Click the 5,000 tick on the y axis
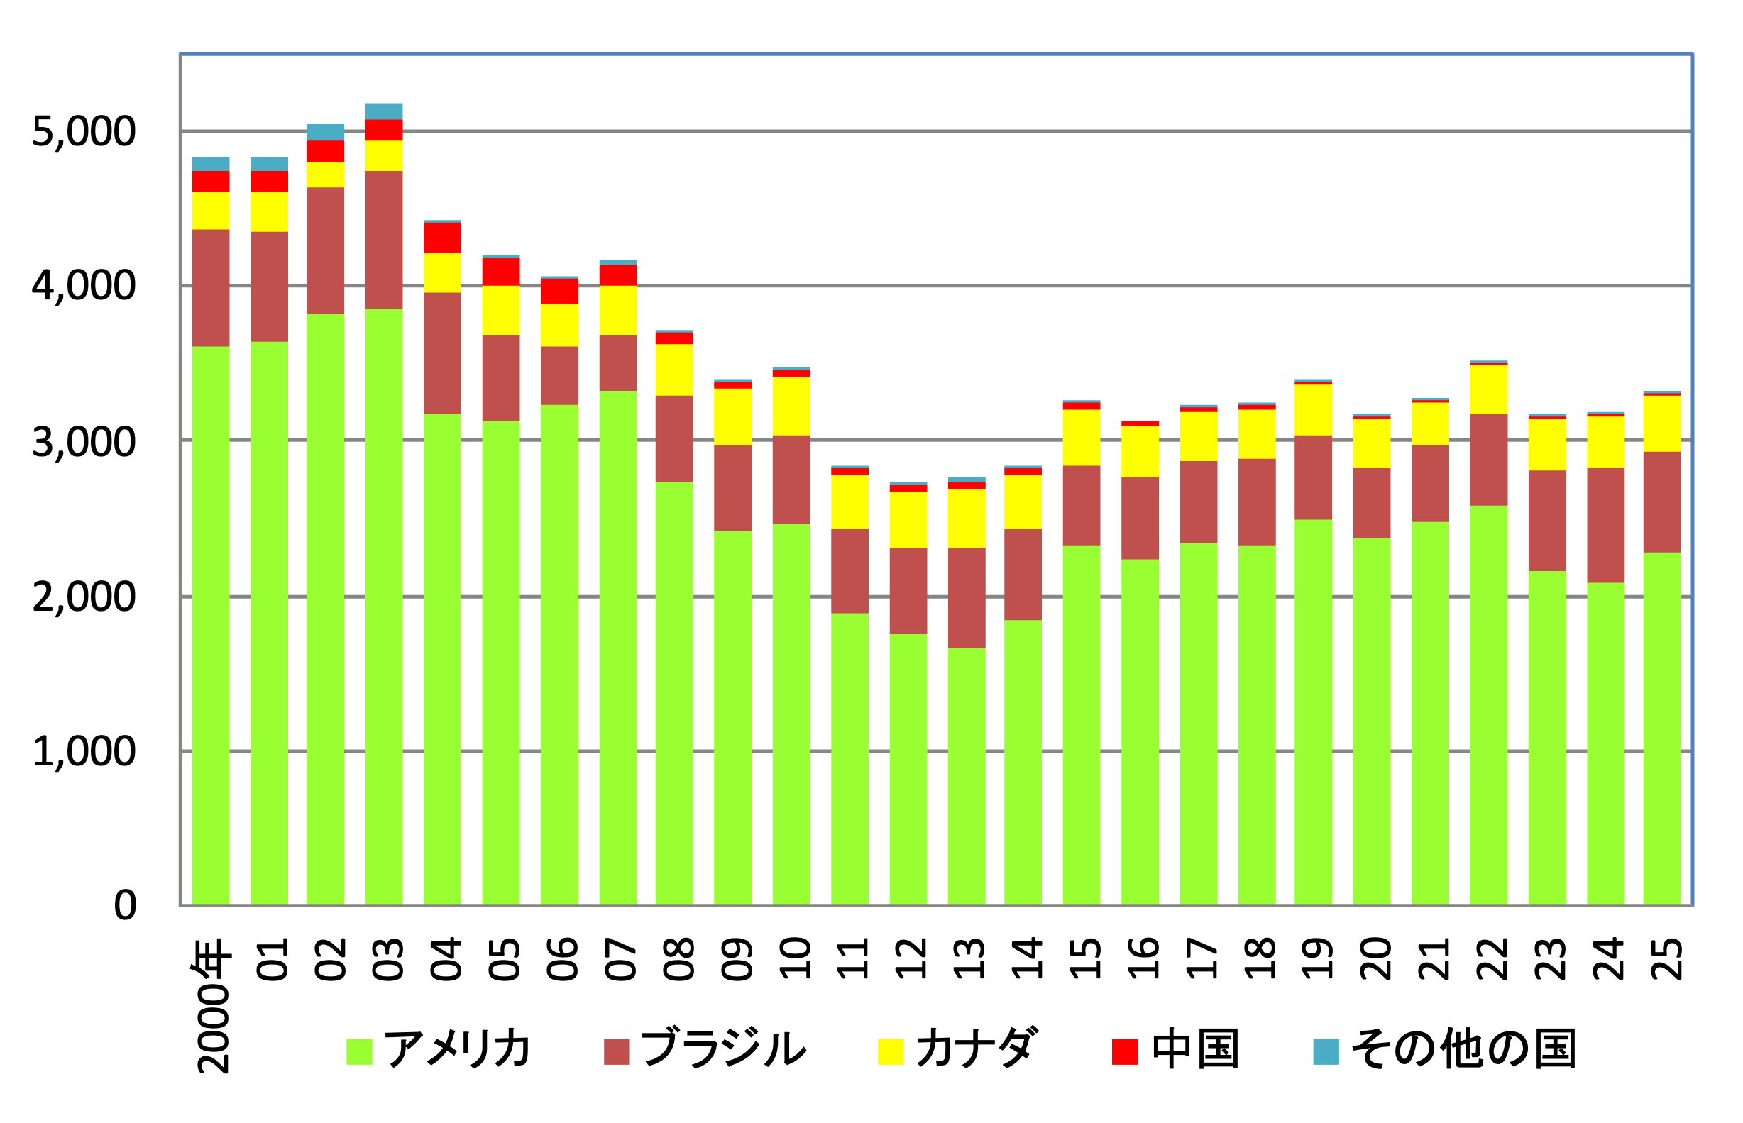[83, 132]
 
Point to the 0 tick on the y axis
[125, 905]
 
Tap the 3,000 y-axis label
[83, 442]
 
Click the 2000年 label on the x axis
[211, 1007]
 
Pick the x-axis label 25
[1664, 959]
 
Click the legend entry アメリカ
[457, 1049]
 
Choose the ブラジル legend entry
[723, 1049]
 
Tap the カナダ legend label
[976, 1049]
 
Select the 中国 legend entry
[1195, 1049]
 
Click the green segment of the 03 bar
[384, 605]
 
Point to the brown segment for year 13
[967, 598]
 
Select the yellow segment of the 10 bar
[791, 406]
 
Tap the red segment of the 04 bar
[443, 238]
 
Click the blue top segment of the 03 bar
[384, 111]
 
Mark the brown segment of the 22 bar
[1488, 460]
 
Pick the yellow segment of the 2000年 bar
[211, 211]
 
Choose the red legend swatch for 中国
[1125, 1051]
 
